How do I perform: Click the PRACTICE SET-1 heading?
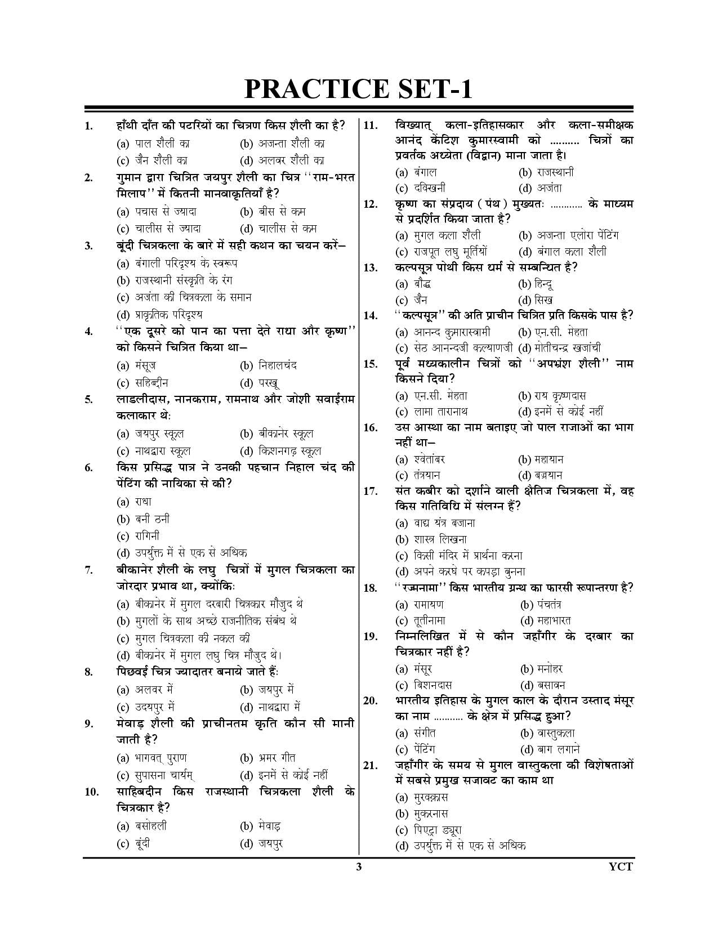pos(358,90)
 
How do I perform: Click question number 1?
pos(89,126)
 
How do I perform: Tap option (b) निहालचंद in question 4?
pos(269,365)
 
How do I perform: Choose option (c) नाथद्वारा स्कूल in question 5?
pos(154,451)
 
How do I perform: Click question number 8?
pos(89,672)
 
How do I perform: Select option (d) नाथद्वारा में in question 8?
pos(270,707)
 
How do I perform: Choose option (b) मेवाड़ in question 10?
pos(261,827)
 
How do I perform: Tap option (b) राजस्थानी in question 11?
pos(546,172)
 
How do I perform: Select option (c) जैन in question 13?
pos(412,300)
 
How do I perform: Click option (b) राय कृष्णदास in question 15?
pos(552,396)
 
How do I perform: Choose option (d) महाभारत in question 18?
pos(546,620)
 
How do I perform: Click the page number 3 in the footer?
pos(359,867)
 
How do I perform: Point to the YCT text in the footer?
pos(621,867)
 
